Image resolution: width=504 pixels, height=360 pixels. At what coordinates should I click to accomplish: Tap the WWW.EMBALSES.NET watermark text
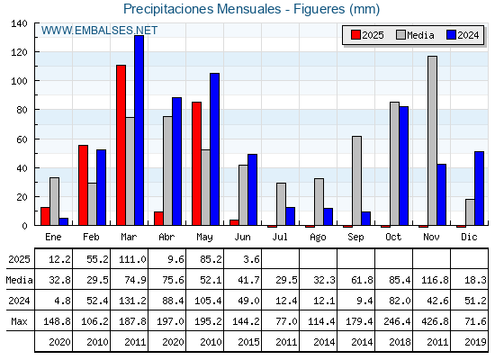(99, 31)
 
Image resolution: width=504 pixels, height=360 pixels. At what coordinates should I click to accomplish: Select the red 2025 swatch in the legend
(355, 35)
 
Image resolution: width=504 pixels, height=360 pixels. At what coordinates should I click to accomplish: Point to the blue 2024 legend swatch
(451, 35)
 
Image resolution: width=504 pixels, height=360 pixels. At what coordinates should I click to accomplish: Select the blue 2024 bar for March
(139, 130)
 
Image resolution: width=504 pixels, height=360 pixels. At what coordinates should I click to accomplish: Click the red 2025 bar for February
(83, 185)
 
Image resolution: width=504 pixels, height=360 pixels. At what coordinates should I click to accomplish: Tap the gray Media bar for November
(432, 140)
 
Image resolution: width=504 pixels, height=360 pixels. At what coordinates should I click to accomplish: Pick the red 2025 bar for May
(197, 164)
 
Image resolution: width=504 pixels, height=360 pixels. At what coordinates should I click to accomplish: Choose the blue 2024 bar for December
(479, 188)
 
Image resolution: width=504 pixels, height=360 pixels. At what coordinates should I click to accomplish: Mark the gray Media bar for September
(356, 181)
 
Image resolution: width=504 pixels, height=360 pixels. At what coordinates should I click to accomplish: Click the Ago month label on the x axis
(318, 238)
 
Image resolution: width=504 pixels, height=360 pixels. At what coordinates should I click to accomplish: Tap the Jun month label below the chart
(242, 238)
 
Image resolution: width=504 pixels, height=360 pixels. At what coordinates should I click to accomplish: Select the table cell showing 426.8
(435, 321)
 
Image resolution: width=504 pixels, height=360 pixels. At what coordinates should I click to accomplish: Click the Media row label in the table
(19, 280)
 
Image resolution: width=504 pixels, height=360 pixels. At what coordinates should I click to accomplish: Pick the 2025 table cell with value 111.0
(132, 259)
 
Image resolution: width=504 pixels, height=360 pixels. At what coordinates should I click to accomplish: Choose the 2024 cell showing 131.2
(132, 301)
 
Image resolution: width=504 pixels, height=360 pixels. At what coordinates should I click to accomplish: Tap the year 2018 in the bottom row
(400, 342)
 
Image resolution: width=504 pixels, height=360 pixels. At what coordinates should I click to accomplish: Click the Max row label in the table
(19, 321)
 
